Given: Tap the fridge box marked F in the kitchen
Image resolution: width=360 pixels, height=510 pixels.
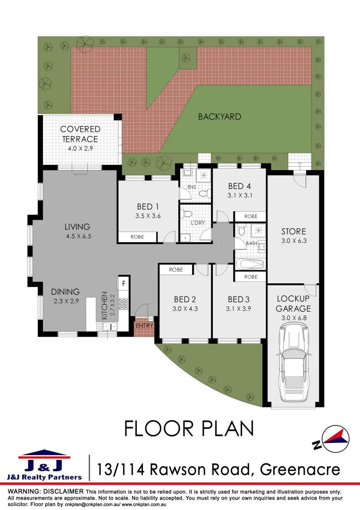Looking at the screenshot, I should coord(124,284).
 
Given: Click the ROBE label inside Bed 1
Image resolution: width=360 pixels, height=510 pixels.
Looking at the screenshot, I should coord(137,237).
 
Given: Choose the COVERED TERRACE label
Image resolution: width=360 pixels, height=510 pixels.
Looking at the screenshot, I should coord(80,134).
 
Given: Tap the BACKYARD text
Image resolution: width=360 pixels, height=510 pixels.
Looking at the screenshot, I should coord(219,117).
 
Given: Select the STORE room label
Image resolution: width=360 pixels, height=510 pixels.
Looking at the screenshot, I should coord(293,231).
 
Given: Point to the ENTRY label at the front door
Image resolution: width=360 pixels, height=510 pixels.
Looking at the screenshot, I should coord(143,326).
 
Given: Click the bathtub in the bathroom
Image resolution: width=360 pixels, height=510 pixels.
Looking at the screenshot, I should coord(249,263).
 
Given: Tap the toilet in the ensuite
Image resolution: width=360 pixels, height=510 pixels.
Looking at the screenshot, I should coord(203,193).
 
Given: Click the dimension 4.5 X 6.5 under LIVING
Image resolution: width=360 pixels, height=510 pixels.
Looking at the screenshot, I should coord(77,236).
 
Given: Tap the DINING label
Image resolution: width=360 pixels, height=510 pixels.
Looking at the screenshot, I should coord(65,292).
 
